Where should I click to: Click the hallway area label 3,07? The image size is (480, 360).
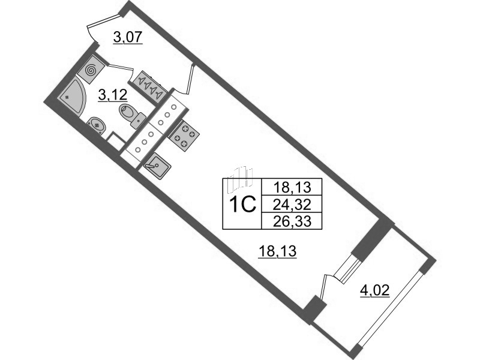coord(128,38)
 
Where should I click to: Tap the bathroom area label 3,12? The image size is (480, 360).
coord(112,96)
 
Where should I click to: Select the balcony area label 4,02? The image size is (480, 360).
coord(374,290)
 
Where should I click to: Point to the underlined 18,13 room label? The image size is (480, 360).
coord(278,252)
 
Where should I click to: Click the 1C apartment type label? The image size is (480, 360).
coord(242,205)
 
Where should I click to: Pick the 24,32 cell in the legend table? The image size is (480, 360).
coord(292,204)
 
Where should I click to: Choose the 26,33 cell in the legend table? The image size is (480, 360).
coord(292,221)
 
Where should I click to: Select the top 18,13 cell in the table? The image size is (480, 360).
coord(292,187)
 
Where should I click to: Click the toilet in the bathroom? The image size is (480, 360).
coord(133,115)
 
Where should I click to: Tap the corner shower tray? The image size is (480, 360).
coord(70,95)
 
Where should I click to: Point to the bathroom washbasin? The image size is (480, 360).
coord(97,126)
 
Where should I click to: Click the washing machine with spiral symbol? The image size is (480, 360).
coord(91,70)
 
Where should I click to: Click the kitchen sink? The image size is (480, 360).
coord(157,166)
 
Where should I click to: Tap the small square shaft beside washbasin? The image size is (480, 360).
coord(116,140)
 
